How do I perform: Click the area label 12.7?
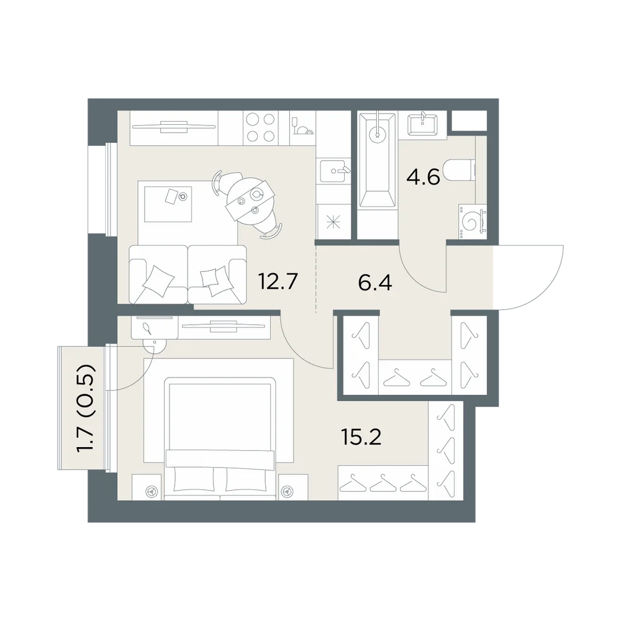(277, 281)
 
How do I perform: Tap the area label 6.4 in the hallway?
(374, 283)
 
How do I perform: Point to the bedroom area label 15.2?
(361, 437)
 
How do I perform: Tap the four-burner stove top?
(261, 127)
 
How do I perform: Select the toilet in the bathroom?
(459, 171)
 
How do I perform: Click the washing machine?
(473, 222)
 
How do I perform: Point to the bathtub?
(377, 160)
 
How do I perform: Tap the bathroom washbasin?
(422, 124)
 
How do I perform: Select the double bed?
(220, 438)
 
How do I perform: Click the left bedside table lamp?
(151, 491)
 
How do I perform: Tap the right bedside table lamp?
(286, 491)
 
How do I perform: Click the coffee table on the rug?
(168, 204)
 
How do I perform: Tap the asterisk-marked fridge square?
(333, 222)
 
